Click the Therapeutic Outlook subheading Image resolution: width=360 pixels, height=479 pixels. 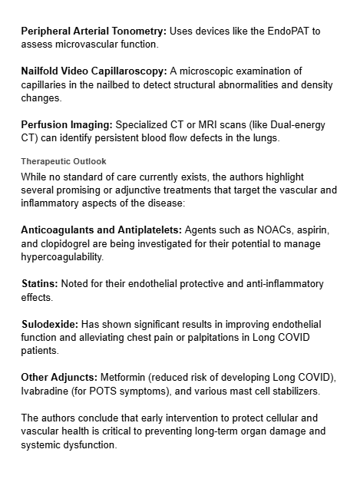coord(64,162)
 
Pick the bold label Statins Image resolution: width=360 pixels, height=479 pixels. coord(40,285)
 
